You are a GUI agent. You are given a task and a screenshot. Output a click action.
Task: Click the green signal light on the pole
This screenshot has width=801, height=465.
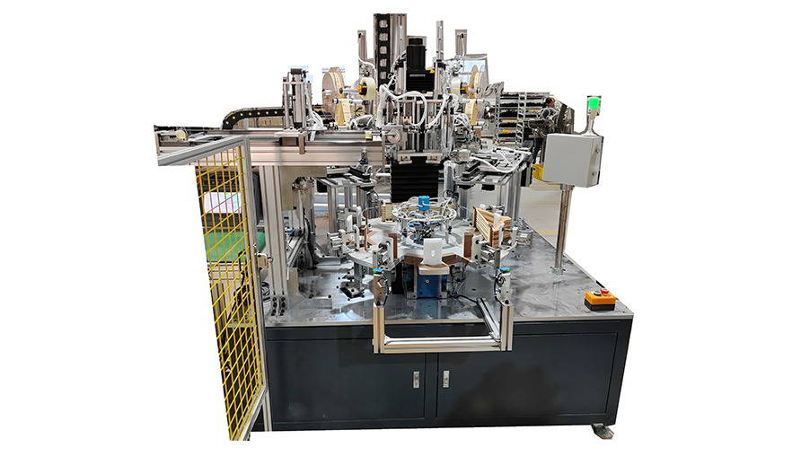[x=593, y=104]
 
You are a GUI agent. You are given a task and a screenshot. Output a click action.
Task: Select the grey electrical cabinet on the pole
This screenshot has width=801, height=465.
[x=572, y=160]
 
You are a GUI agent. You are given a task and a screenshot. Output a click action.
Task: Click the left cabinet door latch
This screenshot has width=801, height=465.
[x=416, y=379]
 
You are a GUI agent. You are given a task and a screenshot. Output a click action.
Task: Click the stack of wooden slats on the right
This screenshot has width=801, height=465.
[x=492, y=225]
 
